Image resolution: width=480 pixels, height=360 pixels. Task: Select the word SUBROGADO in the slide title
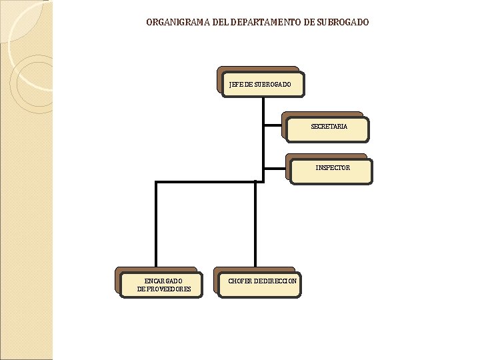[342, 23]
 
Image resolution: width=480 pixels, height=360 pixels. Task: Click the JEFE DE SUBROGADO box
[261, 83]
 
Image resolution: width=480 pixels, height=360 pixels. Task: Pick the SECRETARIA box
[328, 127]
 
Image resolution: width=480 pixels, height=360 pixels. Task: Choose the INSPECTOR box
[331, 169]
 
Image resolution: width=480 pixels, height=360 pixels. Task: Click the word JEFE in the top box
[235, 85]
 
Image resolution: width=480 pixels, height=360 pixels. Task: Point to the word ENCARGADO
[163, 281]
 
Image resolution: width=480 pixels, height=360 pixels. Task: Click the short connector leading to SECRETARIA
[273, 124]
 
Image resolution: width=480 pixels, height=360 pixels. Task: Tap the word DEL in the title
[220, 23]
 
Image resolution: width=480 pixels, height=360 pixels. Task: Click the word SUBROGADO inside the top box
[273, 85]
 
